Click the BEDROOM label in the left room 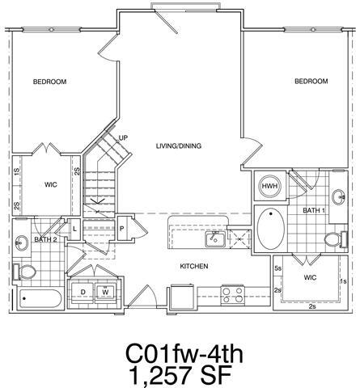[49, 82]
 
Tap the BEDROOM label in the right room [311, 82]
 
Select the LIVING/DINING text [179, 146]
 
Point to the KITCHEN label [195, 266]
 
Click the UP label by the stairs [124, 137]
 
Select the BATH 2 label [44, 239]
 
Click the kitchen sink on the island [214, 238]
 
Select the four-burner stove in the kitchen [232, 294]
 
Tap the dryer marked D [83, 293]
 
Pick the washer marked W [105, 293]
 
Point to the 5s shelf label [277, 268]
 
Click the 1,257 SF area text [182, 373]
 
